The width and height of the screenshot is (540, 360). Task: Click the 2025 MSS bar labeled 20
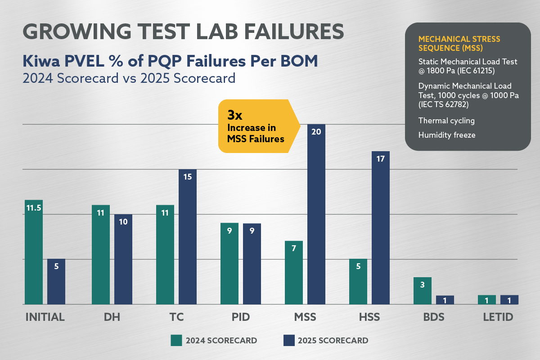pos(316,216)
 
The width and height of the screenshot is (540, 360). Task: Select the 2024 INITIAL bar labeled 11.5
pos(34,252)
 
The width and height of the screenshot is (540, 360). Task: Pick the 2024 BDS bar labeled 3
pos(423,291)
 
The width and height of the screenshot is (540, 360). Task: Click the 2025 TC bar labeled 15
pos(188,236)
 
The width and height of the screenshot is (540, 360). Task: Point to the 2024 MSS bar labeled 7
pos(294,272)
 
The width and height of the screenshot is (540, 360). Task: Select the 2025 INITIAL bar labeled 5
pos(56,281)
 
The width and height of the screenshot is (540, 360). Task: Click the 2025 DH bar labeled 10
pos(123,259)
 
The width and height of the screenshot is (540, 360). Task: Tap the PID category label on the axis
pos(237,317)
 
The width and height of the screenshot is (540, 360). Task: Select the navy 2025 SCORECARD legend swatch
pos(288,340)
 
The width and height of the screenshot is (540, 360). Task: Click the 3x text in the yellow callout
pos(235,115)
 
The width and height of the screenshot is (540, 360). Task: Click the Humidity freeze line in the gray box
pos(446,135)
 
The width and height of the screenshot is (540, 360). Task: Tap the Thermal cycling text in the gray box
pos(446,121)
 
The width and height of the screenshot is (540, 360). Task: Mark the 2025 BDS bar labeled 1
pos(445,300)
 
